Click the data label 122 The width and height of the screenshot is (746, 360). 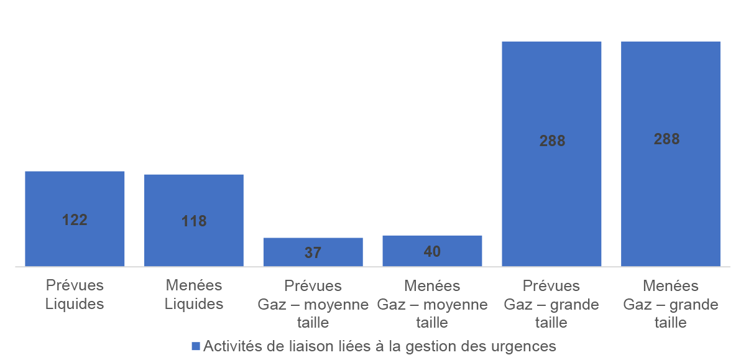tap(75, 219)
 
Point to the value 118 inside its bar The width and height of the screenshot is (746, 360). tap(194, 221)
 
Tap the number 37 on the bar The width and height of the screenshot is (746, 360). tap(313, 253)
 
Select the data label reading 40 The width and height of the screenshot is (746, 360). tap(432, 251)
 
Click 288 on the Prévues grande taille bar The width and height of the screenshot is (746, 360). tap(552, 141)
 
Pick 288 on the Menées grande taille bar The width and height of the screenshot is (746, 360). tap(666, 139)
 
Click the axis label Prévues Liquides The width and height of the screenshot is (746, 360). tap(75, 295)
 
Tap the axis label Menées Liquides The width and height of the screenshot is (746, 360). tap(194, 295)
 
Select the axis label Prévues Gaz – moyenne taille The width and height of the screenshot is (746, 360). tap(313, 304)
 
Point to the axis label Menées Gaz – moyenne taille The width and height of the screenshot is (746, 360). tap(432, 304)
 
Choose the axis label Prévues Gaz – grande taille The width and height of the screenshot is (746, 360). tap(551, 304)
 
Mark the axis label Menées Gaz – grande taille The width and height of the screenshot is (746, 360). tap(671, 304)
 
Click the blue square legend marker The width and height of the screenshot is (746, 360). tap(195, 346)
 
